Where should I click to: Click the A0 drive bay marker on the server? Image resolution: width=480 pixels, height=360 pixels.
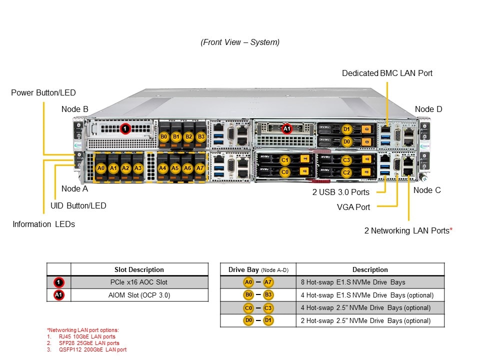click(x=101, y=168)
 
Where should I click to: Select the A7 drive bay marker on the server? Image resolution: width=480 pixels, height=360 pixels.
click(x=200, y=168)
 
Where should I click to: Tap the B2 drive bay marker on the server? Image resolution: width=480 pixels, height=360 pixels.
click(x=188, y=136)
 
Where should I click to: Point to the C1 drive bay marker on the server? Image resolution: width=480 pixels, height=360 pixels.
click(x=285, y=160)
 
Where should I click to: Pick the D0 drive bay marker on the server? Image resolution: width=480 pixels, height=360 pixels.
click(x=346, y=142)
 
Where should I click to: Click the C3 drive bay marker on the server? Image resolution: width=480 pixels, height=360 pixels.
click(x=346, y=160)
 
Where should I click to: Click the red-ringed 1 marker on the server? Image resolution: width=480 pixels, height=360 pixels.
click(x=125, y=129)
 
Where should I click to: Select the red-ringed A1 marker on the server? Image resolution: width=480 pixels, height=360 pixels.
click(x=286, y=129)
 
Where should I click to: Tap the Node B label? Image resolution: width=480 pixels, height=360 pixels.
click(x=75, y=109)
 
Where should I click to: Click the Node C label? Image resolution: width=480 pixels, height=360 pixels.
click(x=427, y=190)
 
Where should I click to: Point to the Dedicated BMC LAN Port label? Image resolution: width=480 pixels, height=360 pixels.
click(x=387, y=73)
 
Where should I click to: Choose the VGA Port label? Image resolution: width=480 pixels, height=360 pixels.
click(x=353, y=206)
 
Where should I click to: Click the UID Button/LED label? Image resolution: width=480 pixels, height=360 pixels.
click(x=78, y=205)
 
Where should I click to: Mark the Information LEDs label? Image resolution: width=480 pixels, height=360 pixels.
click(x=43, y=224)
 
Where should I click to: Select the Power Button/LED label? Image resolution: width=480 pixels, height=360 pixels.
click(x=43, y=92)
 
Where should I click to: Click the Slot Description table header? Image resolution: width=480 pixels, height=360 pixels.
click(x=139, y=269)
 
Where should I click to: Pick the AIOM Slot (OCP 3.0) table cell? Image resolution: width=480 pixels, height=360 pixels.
click(x=139, y=295)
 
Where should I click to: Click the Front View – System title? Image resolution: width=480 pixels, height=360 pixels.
click(x=240, y=42)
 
